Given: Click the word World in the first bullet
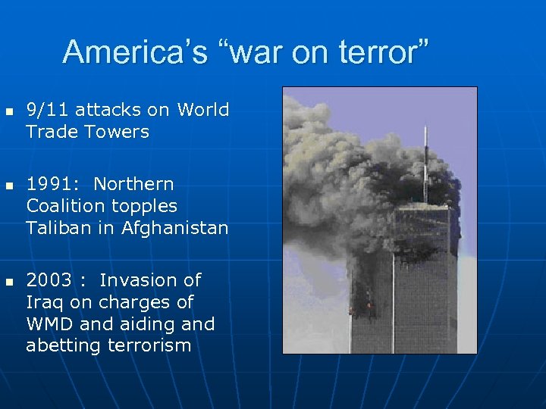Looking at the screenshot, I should coord(203,111).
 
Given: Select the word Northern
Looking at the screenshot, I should coord(133,184).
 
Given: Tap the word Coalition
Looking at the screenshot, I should coord(63,206).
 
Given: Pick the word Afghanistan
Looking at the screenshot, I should coord(174,228).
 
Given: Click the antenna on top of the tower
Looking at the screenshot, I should coord(425,163).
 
